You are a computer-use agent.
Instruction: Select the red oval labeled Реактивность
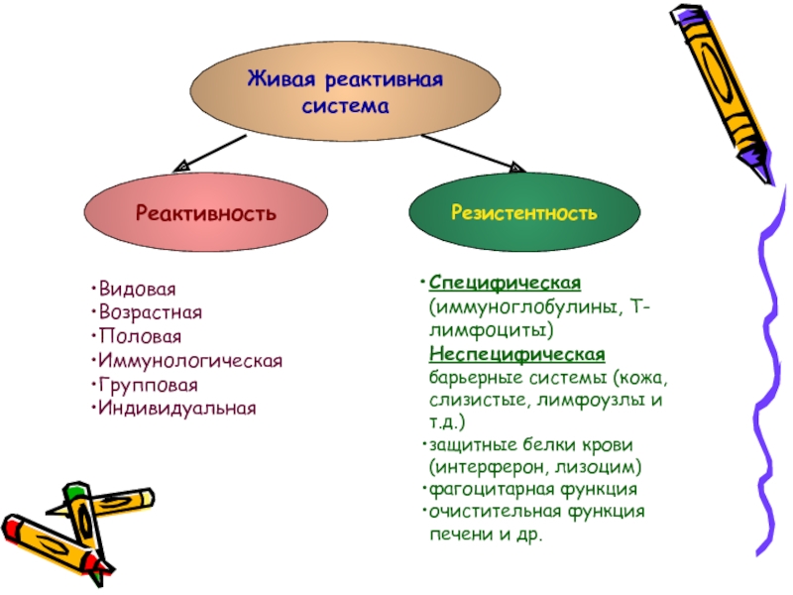point(205,213)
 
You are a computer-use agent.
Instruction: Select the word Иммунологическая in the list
point(188,360)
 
